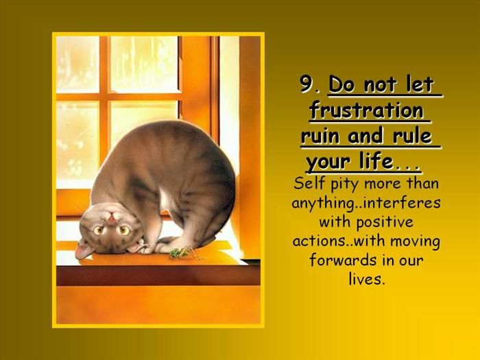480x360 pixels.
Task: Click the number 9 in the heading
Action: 306,85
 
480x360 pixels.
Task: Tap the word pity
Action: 340,185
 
